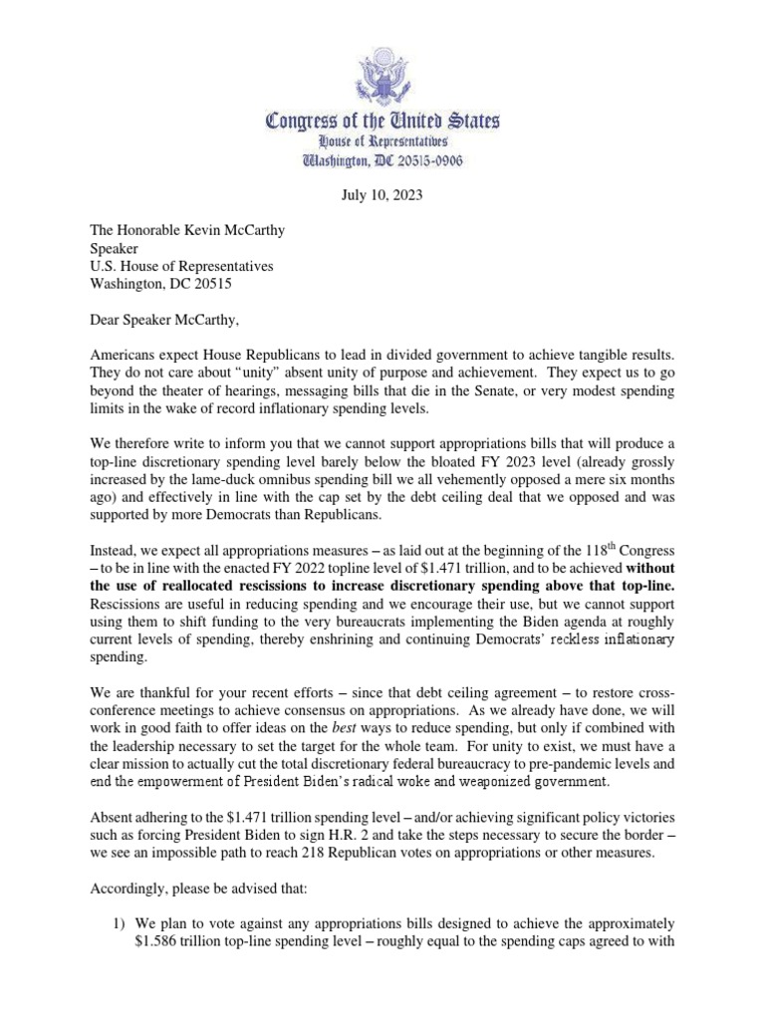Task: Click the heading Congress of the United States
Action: [382, 123]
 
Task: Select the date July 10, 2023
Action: [382, 196]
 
